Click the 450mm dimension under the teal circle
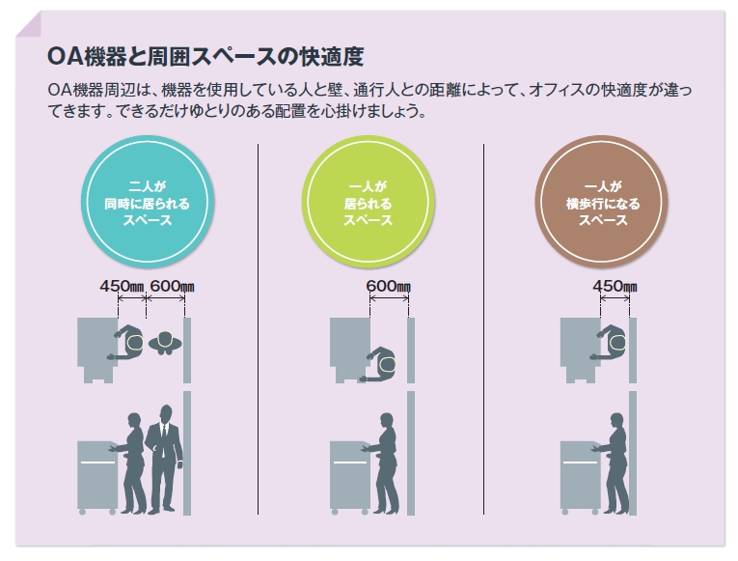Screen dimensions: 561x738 click(122, 287)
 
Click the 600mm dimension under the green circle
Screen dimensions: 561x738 click(388, 287)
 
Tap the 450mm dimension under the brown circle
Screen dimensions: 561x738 click(615, 287)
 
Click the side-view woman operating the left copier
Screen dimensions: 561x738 click(132, 462)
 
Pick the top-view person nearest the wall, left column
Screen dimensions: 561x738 click(166, 342)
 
